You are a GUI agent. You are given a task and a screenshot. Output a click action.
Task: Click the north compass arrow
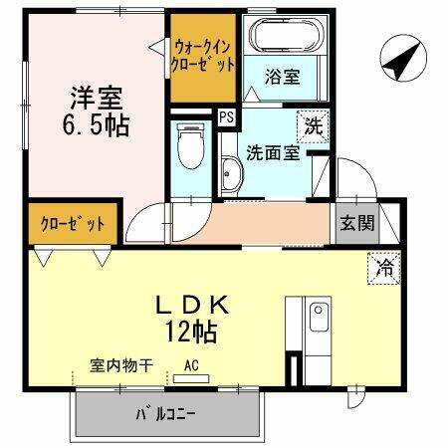(x=400, y=61)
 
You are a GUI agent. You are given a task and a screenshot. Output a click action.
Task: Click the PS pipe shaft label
(x=226, y=116)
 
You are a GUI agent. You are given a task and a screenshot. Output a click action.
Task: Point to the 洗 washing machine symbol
(x=313, y=126)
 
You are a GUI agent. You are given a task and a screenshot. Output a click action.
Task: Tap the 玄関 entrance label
(x=356, y=223)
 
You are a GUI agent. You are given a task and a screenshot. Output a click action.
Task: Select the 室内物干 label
(x=120, y=365)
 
